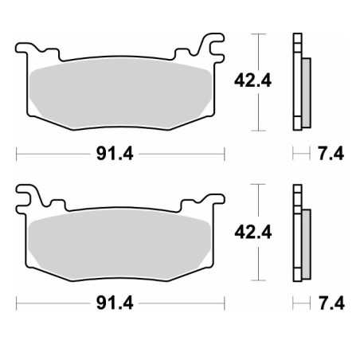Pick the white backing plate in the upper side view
coord(297,80)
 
